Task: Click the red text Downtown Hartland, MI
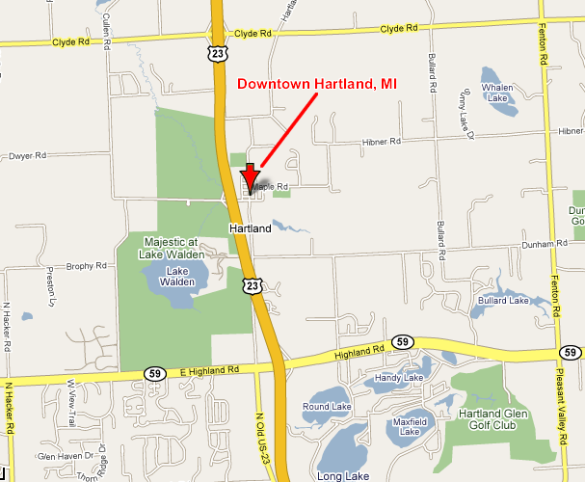(x=317, y=84)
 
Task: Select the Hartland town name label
(x=250, y=228)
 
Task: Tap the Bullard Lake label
(x=503, y=301)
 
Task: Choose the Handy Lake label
(x=399, y=377)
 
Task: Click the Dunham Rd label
(x=545, y=245)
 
